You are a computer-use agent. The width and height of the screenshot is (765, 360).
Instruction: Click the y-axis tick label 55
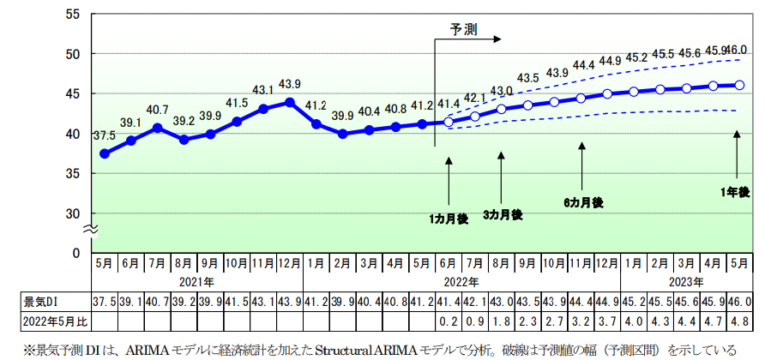(73, 15)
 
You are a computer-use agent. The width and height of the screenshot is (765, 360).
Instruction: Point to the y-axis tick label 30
(73, 213)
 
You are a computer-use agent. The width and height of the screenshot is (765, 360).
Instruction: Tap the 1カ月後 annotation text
(449, 219)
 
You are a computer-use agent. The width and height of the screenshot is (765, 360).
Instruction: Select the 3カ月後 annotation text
(502, 213)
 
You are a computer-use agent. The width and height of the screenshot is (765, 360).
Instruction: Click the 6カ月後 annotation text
(583, 202)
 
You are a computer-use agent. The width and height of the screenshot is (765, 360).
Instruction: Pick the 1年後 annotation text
(736, 192)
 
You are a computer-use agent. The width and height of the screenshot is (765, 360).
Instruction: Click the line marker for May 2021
(105, 153)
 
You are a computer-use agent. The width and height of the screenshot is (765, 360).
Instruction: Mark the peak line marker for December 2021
(290, 102)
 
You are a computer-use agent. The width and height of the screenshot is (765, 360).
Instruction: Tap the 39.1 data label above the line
(131, 123)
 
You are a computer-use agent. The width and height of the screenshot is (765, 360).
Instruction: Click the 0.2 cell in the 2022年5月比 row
(449, 321)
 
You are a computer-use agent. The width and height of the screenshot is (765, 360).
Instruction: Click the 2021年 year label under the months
(197, 280)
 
